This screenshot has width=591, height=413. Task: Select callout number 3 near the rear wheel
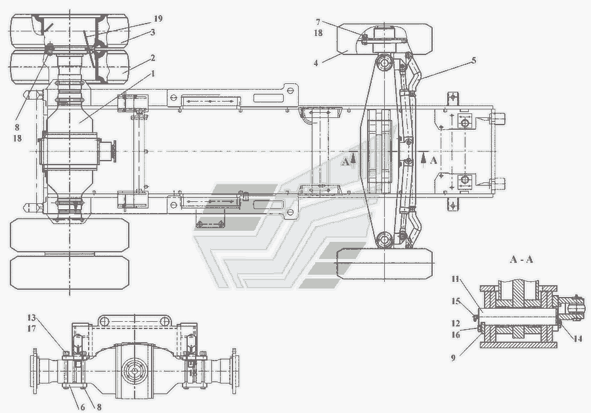pyautogui.click(x=152, y=31)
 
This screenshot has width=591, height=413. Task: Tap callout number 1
pyautogui.click(x=153, y=73)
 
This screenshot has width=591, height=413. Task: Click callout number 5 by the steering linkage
pyautogui.click(x=473, y=60)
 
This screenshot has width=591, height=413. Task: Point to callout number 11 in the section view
pyautogui.click(x=454, y=279)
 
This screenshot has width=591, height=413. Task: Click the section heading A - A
pyautogui.click(x=522, y=260)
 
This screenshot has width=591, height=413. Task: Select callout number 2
pyautogui.click(x=152, y=57)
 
